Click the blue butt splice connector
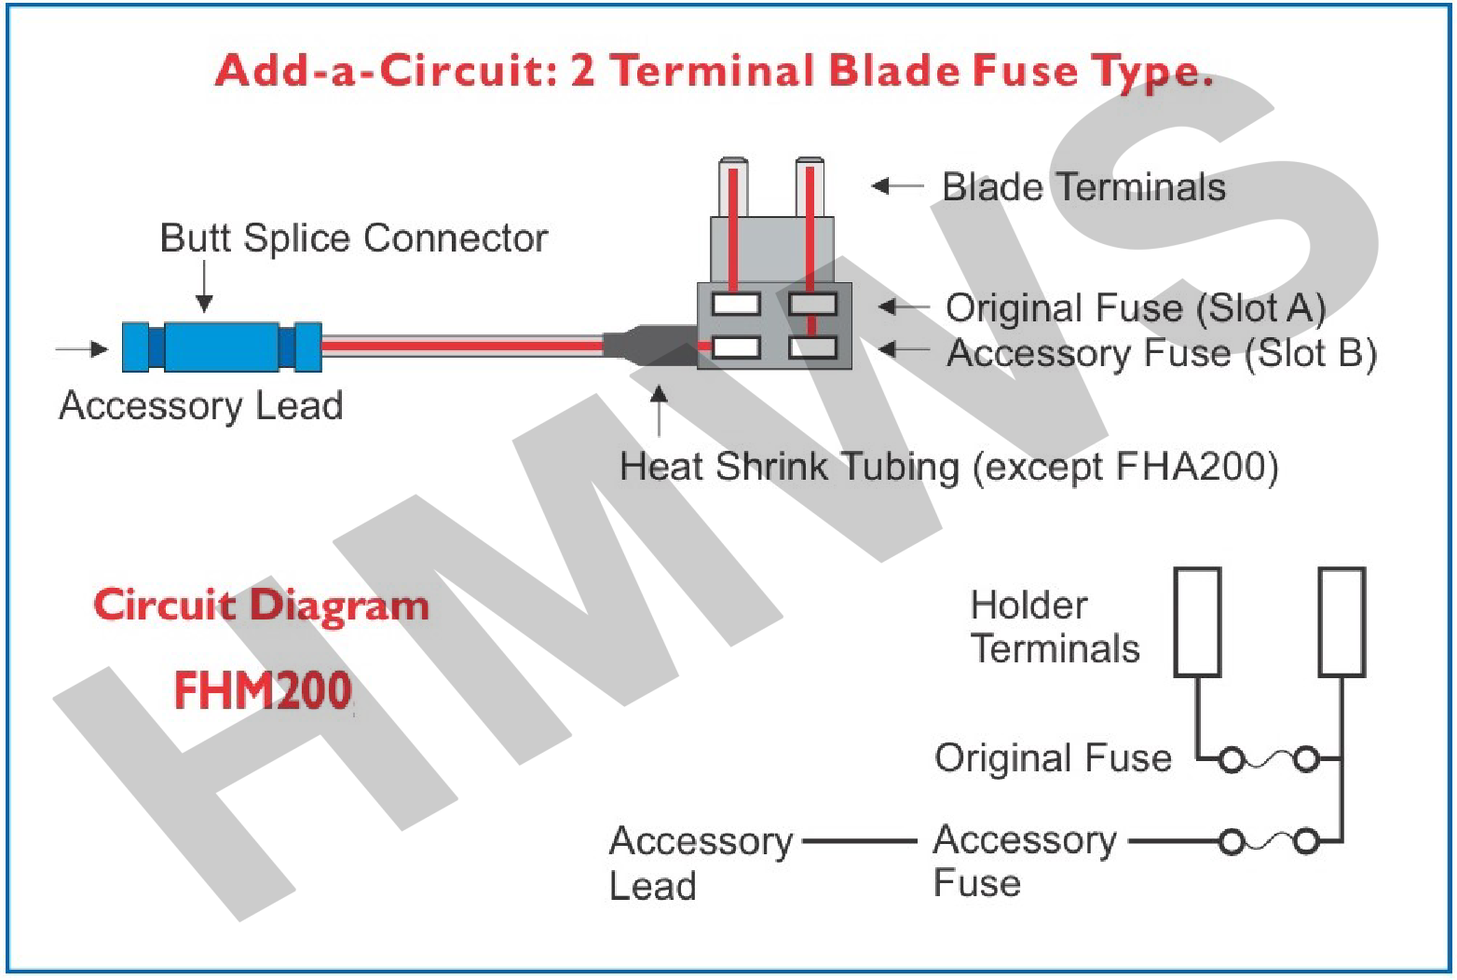click(222, 347)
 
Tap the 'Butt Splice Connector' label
click(353, 238)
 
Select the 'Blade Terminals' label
click(1083, 187)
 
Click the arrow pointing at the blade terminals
click(896, 186)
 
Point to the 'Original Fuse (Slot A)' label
click(1135, 307)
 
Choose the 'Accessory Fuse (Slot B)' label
click(1161, 353)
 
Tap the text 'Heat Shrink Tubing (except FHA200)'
click(948, 466)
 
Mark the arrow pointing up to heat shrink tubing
click(659, 410)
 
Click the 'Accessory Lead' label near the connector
click(200, 405)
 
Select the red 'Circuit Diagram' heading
click(261, 606)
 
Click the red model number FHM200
click(263, 691)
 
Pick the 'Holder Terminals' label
click(1054, 627)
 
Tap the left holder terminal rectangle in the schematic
click(1197, 621)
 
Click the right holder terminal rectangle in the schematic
click(1341, 621)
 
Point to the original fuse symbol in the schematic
click(1269, 760)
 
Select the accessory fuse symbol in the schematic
click(1269, 842)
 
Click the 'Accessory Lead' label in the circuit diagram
click(700, 863)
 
